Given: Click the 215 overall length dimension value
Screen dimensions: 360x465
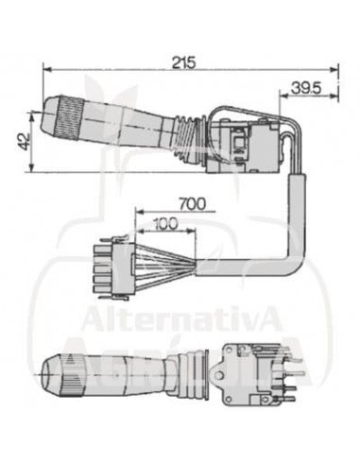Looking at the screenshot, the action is pyautogui.click(x=183, y=62).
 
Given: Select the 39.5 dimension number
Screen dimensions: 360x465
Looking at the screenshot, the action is pyautogui.click(x=305, y=88).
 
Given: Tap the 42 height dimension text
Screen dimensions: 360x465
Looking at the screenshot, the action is pyautogui.click(x=23, y=142).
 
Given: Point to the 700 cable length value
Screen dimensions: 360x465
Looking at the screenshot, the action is pyautogui.click(x=192, y=203).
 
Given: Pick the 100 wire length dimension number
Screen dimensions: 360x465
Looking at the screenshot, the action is pyautogui.click(x=165, y=223).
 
